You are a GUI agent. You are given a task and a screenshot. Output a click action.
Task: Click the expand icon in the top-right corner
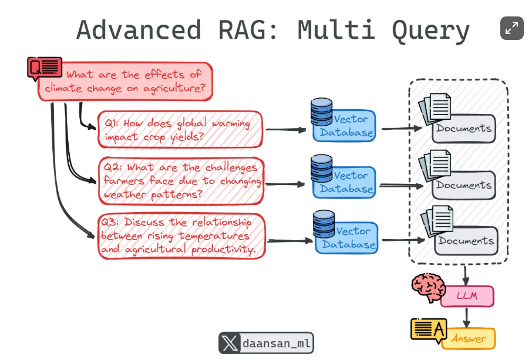511,28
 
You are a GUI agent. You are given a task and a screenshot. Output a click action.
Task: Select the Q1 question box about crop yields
180,130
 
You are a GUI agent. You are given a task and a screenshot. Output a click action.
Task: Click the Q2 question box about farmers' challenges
180,180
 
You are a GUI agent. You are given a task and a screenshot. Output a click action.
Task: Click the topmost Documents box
464,129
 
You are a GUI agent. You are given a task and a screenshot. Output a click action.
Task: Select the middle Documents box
464,185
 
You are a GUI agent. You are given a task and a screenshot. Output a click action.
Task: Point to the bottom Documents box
466,241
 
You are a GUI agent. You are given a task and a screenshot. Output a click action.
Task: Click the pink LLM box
467,296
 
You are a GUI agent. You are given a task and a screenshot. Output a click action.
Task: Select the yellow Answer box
469,338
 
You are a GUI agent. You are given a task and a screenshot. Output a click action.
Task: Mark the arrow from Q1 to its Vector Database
285,129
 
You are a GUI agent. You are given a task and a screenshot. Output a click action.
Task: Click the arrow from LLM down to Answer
467,317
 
